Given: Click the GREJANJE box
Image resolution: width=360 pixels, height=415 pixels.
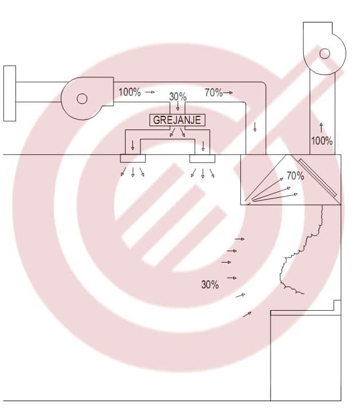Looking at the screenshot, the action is pos(177,120).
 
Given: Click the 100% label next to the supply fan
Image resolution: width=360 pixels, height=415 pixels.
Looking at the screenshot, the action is pos(130,92).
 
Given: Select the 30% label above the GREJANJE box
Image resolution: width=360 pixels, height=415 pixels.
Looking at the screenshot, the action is pos(178,97).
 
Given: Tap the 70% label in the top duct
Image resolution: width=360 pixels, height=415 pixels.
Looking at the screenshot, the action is pos(213,92).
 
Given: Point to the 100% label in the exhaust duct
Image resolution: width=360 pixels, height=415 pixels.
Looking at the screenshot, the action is pos(322,140).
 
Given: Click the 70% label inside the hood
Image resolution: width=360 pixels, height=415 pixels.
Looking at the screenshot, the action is pos(295,175).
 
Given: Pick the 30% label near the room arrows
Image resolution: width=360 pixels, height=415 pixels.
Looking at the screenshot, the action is pos(210,284).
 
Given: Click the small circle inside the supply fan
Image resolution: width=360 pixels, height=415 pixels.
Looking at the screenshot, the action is pos(82,99).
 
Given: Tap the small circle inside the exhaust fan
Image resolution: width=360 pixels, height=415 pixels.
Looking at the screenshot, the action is pos(325,53).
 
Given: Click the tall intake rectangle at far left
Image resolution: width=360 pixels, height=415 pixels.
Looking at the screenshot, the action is pos(10,93).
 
